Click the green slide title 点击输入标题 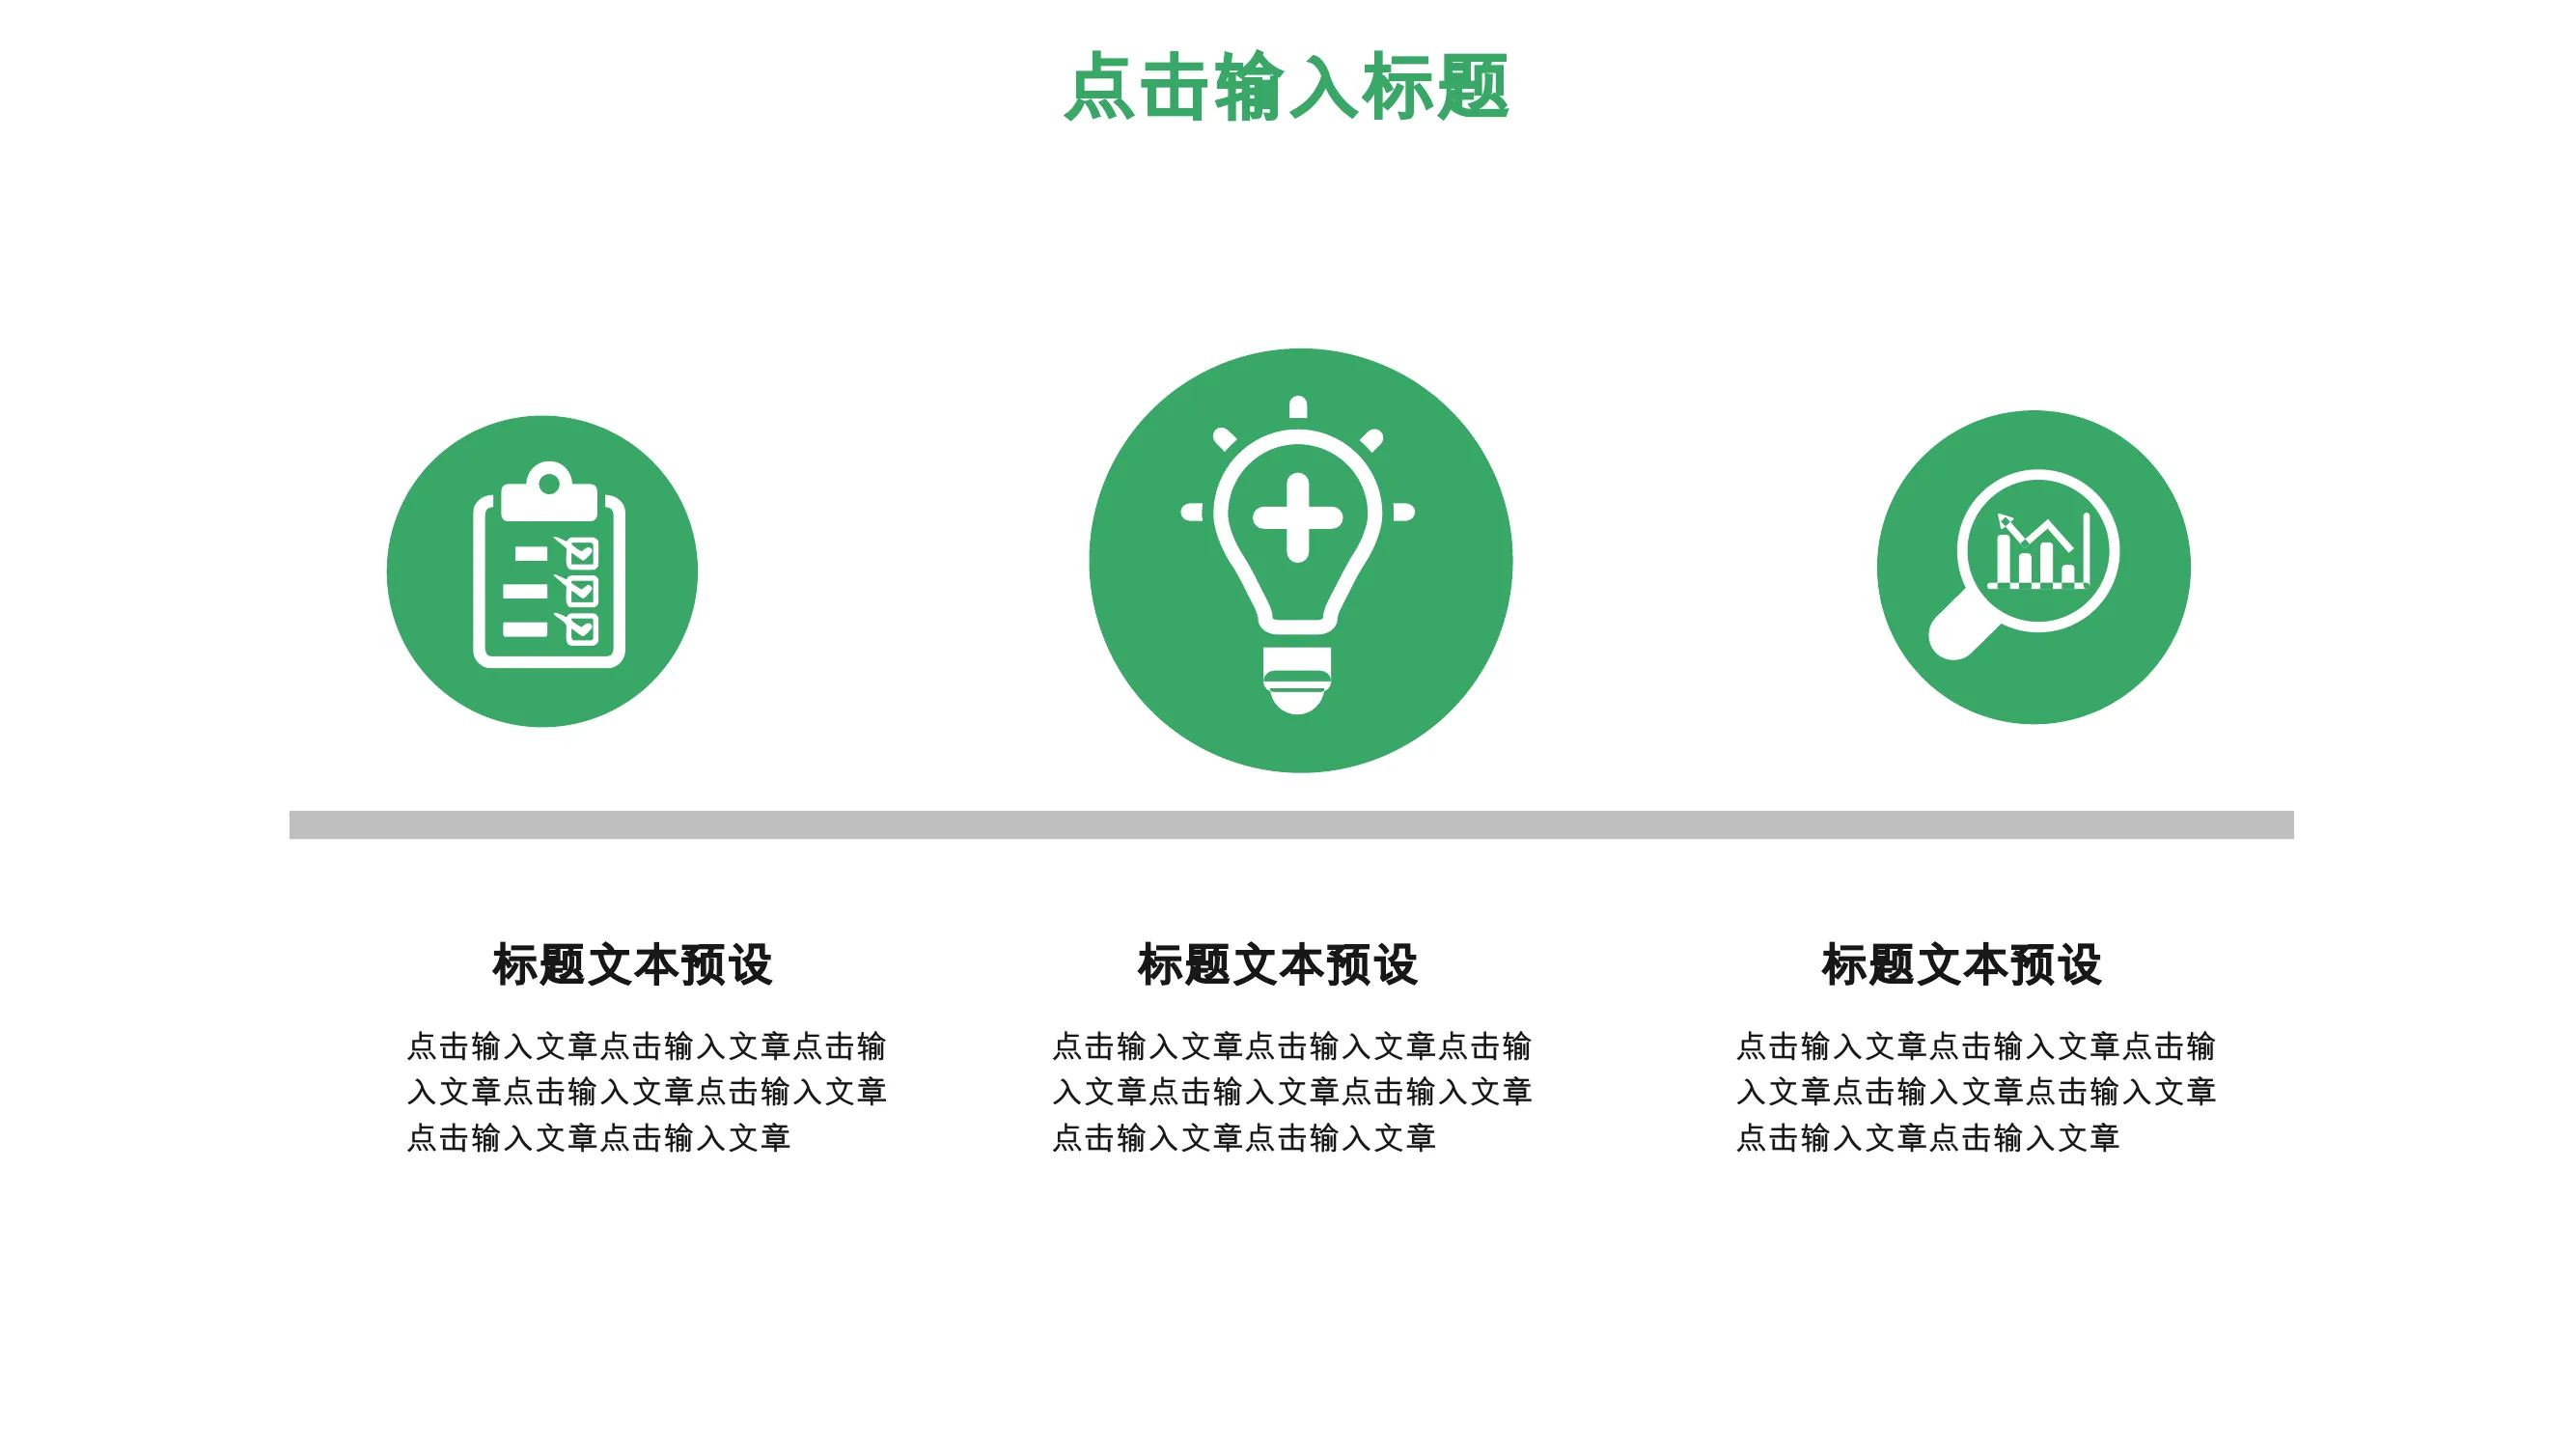click(1286, 87)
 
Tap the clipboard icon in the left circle click(548, 565)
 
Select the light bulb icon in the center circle click(1298, 556)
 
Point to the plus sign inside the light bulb click(1298, 516)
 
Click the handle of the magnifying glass click(1962, 627)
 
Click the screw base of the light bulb click(1298, 681)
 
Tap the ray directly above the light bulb click(1298, 406)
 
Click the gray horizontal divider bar click(1291, 824)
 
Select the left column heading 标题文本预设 click(631, 965)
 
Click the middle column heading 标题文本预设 click(1277, 965)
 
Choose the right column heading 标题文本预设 click(1961, 965)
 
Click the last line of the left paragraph click(598, 1138)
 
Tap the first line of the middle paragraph click(1291, 1046)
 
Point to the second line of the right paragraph click(1976, 1092)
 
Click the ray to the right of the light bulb click(1404, 513)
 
